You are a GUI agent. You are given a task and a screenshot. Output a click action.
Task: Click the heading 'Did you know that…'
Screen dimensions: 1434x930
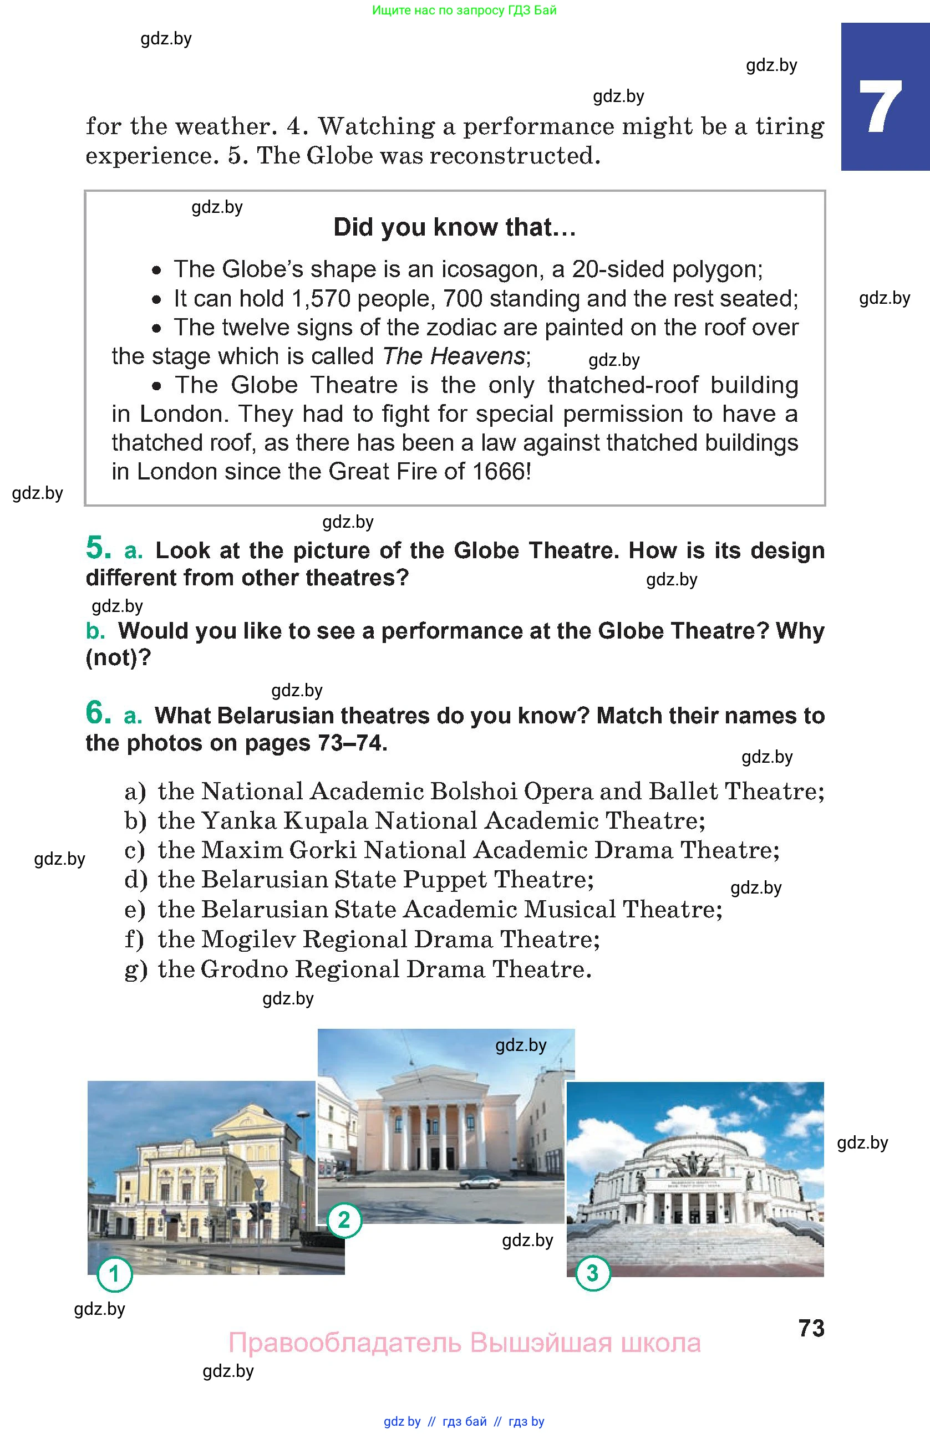(454, 228)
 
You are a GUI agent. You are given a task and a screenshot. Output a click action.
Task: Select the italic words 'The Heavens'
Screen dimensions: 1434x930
(454, 356)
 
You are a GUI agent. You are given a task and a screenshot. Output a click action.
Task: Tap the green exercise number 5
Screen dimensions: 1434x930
(98, 548)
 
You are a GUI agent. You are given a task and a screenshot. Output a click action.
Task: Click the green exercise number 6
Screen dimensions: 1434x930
(98, 713)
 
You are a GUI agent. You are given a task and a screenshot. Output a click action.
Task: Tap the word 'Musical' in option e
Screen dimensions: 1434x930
(569, 910)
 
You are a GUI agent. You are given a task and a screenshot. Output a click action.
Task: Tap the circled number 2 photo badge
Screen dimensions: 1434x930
(344, 1221)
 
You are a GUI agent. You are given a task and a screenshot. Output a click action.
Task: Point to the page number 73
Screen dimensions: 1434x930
(811, 1329)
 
